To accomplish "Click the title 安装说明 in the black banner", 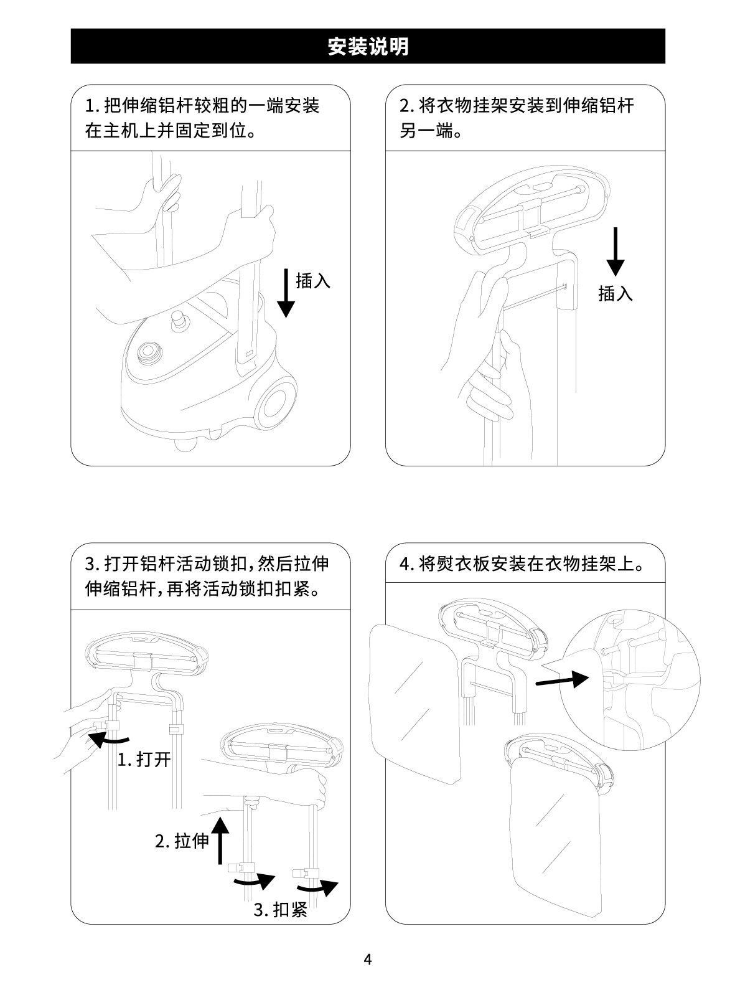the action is [368, 46].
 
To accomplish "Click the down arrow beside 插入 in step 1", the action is [286, 293].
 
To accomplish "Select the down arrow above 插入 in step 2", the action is [616, 252].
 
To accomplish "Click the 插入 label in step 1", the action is [313, 281].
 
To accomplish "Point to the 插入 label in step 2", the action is [616, 294].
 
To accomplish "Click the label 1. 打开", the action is [144, 760].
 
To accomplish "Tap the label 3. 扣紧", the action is [281, 910].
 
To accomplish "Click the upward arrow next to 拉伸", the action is [220, 840].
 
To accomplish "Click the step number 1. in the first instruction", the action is [91, 106].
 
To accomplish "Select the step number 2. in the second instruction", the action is [406, 106].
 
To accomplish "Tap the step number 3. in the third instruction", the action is [91, 564].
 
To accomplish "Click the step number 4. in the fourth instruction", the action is [406, 564].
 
